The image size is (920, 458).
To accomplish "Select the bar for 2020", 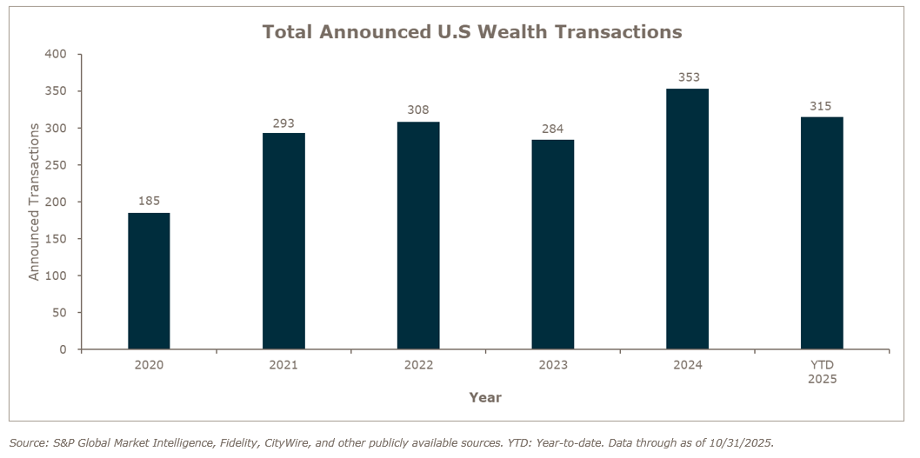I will pyautogui.click(x=149, y=281).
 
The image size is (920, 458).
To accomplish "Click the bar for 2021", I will pyautogui.click(x=283, y=241).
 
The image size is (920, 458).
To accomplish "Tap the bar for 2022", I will pyautogui.click(x=418, y=236).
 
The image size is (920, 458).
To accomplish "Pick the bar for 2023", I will pyautogui.click(x=553, y=244).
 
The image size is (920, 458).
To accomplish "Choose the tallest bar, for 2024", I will pyautogui.click(x=687, y=219).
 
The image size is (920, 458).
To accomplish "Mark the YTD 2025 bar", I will pyautogui.click(x=822, y=233).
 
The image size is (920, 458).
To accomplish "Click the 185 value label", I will pyautogui.click(x=149, y=201).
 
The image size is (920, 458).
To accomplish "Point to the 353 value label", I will pyautogui.click(x=687, y=77).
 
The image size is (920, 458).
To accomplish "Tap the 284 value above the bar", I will pyautogui.click(x=553, y=128).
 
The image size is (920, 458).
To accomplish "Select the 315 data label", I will pyautogui.click(x=822, y=106).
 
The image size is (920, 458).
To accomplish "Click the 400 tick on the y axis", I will pyautogui.click(x=56, y=54).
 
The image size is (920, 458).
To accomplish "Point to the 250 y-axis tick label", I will pyautogui.click(x=56, y=165).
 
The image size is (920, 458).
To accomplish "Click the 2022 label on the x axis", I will pyautogui.click(x=418, y=365).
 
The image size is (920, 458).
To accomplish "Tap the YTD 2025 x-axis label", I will pyautogui.click(x=822, y=372).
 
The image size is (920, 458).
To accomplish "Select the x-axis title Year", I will pyautogui.click(x=484, y=397).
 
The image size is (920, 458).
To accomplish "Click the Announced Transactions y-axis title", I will pyautogui.click(x=35, y=202).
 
